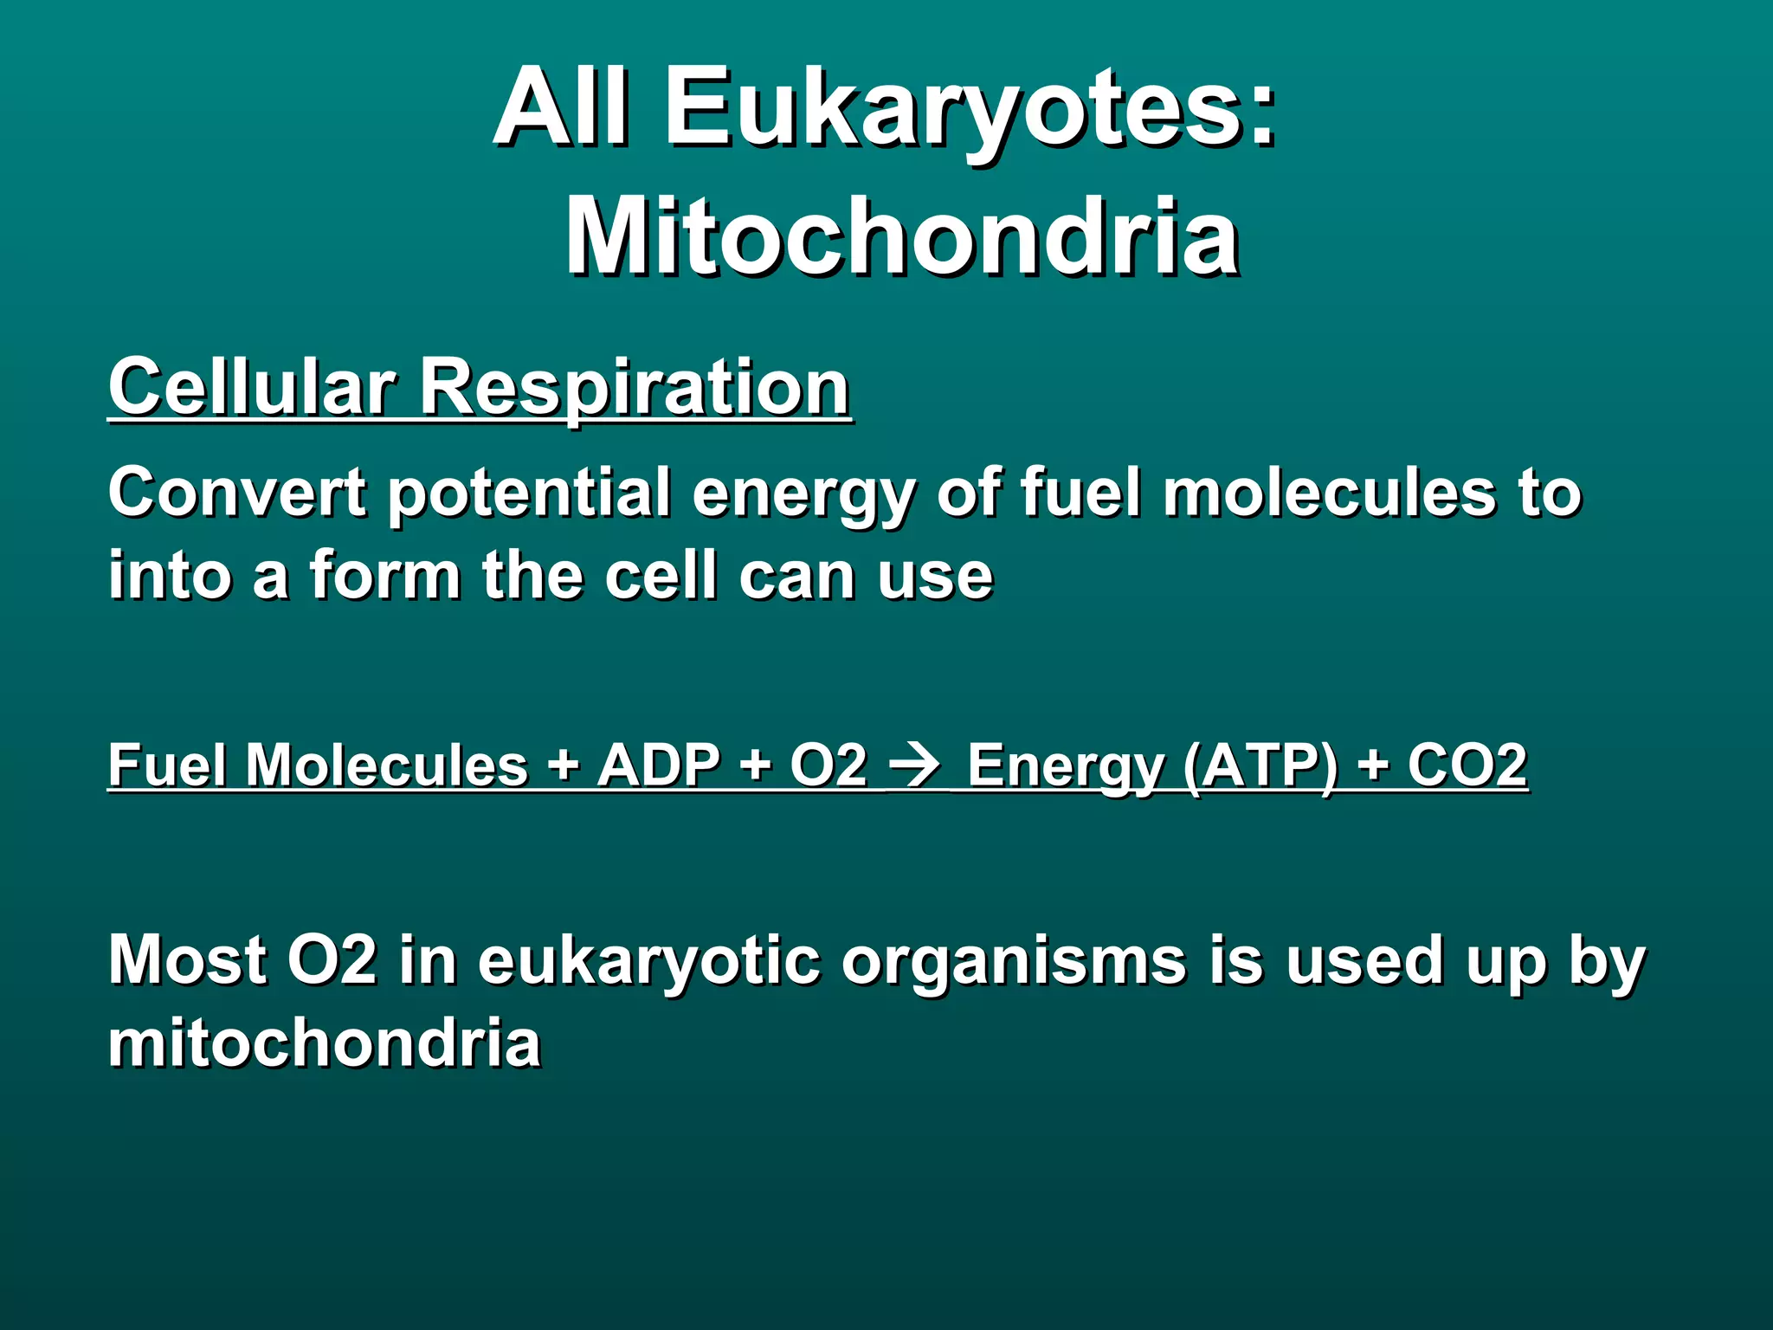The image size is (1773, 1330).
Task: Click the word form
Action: [384, 576]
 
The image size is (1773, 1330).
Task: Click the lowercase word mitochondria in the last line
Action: [325, 1043]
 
